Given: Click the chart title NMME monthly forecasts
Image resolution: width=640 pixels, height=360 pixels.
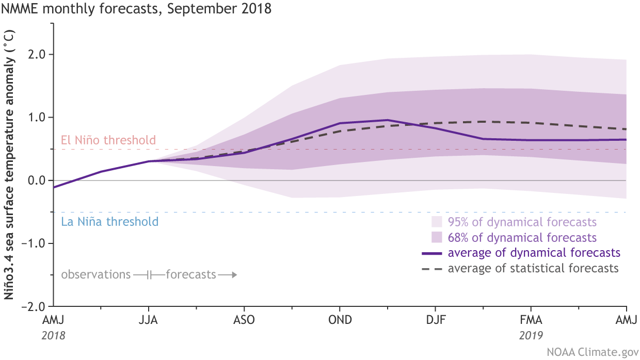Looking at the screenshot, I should click(x=136, y=10).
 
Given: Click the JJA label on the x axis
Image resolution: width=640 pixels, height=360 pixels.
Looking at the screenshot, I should click(x=149, y=320).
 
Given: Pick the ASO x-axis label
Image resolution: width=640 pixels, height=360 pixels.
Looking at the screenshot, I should click(x=244, y=320).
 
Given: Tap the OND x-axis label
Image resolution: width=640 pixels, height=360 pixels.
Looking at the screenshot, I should click(x=340, y=320).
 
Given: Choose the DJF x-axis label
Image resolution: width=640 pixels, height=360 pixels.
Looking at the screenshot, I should click(x=435, y=320).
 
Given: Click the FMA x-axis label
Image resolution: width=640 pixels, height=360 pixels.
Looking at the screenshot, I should click(x=531, y=320).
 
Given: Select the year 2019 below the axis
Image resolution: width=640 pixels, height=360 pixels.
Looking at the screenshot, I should click(x=531, y=335).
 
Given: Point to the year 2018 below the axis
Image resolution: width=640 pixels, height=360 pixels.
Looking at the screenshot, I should click(x=54, y=335).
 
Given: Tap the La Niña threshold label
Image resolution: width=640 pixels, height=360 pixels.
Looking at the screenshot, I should click(x=109, y=222).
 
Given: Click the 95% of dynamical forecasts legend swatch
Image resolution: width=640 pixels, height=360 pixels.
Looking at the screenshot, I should click(x=437, y=222).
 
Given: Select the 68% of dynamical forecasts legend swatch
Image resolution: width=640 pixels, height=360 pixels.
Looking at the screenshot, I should click(x=437, y=238).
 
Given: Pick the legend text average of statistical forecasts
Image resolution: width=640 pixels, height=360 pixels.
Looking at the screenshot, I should click(x=533, y=268).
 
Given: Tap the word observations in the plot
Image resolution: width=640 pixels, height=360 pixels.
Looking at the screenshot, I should click(x=95, y=274).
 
